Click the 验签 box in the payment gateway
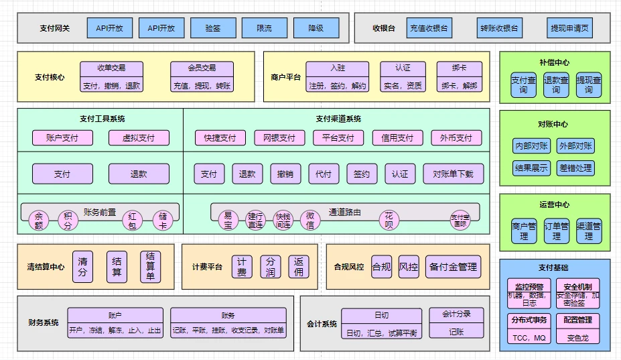[212, 28]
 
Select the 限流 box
[264, 28]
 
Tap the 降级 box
[316, 28]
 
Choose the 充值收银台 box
[428, 28]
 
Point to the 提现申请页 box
[570, 28]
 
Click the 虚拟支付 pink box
[139, 138]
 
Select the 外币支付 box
[456, 138]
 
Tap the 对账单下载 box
[453, 174]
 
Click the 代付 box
[323, 174]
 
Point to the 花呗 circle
[389, 220]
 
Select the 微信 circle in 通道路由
[309, 220]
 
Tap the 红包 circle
[132, 221]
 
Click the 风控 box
[409, 267]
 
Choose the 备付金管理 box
[454, 267]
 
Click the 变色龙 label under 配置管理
[578, 338]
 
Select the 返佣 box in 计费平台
[298, 267]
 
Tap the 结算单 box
[150, 267]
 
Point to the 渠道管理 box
[589, 231]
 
